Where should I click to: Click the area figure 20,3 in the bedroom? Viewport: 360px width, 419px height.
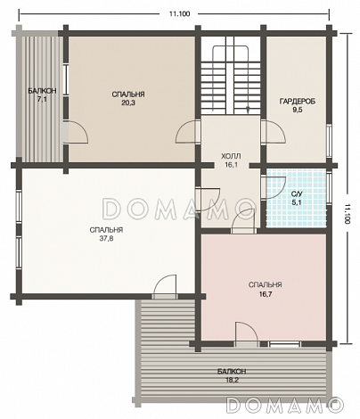pyautogui.click(x=128, y=103)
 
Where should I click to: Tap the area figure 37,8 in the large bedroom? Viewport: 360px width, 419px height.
pyautogui.click(x=106, y=238)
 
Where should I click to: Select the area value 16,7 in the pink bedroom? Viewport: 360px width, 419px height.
pyautogui.click(x=265, y=294)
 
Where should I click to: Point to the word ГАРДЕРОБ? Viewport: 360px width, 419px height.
pyautogui.click(x=298, y=102)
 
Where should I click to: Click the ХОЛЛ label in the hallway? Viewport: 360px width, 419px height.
pyautogui.click(x=231, y=156)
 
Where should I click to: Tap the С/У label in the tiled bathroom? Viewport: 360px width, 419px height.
pyautogui.click(x=297, y=194)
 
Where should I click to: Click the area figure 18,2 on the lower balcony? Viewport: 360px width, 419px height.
pyautogui.click(x=232, y=380)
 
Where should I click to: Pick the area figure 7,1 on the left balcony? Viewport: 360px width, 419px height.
pyautogui.click(x=42, y=100)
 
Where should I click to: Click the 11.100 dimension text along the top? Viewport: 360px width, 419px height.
pyautogui.click(x=179, y=13)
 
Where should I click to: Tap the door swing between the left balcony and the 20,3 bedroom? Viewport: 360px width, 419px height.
pyautogui.click(x=77, y=133)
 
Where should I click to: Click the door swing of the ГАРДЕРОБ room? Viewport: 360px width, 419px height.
pyautogui.click(x=274, y=133)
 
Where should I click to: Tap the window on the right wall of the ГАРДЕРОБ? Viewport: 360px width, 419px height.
pyautogui.click(x=329, y=140)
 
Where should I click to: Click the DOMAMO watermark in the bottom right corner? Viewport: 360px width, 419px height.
pyautogui.click(x=285, y=405)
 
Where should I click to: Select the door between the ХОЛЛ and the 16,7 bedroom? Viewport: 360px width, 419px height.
pyautogui.click(x=243, y=221)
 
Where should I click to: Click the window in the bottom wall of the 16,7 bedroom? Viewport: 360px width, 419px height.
pyautogui.click(x=284, y=344)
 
